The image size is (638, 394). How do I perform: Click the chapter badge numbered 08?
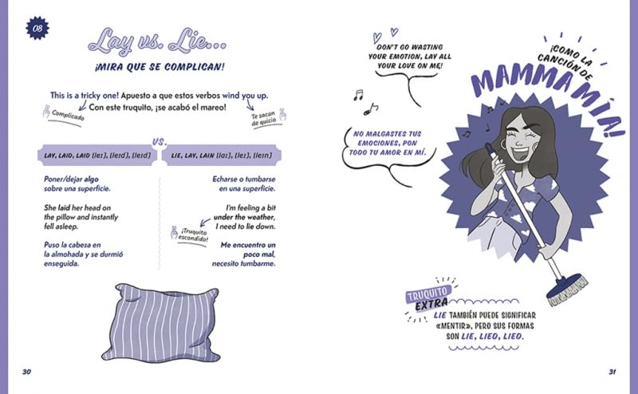coord(37,28)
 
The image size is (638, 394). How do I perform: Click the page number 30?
coord(26,372)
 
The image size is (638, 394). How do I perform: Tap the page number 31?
coord(612,372)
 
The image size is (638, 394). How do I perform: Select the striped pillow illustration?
coord(161,323)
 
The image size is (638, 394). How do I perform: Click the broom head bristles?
coord(569,290)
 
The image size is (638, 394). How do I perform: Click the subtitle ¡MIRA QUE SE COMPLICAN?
coord(159,67)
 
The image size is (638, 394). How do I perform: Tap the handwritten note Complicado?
coord(68,116)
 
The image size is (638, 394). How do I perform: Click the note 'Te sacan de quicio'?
coord(264,119)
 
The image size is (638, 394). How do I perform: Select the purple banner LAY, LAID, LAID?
coord(97,155)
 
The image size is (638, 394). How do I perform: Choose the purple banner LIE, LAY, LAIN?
coord(222,155)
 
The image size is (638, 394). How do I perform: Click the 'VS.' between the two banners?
coord(159,142)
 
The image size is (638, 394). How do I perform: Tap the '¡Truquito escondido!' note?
coord(193,235)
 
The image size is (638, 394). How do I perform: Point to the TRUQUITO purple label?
coord(427,293)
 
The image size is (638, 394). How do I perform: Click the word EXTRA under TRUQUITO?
coord(431,305)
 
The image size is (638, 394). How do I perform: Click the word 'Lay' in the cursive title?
coord(111,41)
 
